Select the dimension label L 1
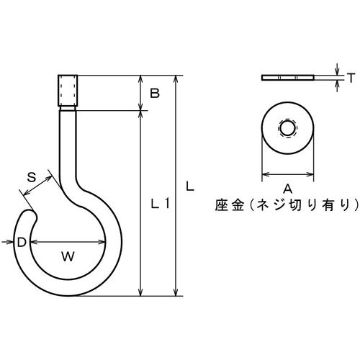point(160,204)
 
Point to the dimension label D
point(22,243)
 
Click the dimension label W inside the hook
point(67,255)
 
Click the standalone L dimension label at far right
point(189,186)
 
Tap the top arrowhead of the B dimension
point(141,78)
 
